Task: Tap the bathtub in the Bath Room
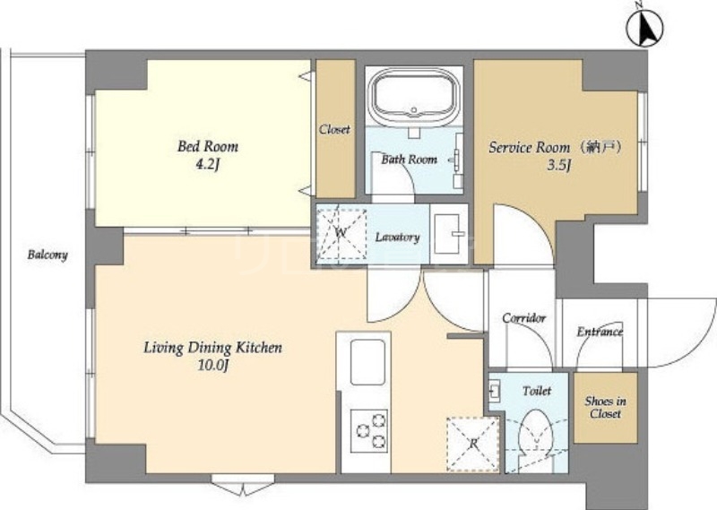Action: pyautogui.click(x=414, y=98)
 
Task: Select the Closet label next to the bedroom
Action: pyautogui.click(x=334, y=129)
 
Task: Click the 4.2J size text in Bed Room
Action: pyautogui.click(x=208, y=164)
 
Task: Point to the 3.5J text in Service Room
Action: pyautogui.click(x=559, y=165)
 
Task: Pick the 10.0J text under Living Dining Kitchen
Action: pyautogui.click(x=212, y=366)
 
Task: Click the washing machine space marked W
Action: pyautogui.click(x=341, y=233)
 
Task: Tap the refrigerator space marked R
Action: pyautogui.click(x=473, y=444)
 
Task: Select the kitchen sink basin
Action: pyautogui.click(x=367, y=362)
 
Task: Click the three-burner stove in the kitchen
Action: pyautogui.click(x=369, y=430)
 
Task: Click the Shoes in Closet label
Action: pyautogui.click(x=606, y=408)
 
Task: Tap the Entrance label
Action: pyautogui.click(x=600, y=332)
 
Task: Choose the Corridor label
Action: pyautogui.click(x=524, y=318)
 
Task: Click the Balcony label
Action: pyautogui.click(x=48, y=255)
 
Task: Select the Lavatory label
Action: pyautogui.click(x=397, y=237)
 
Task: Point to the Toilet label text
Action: pyautogui.click(x=537, y=391)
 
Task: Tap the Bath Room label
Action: pyautogui.click(x=410, y=160)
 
